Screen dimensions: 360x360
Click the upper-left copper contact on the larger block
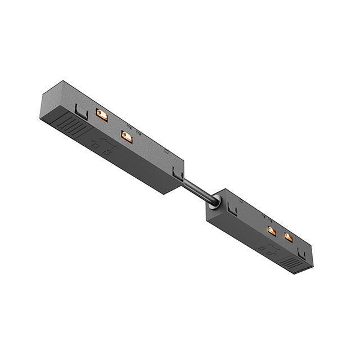point(102,115)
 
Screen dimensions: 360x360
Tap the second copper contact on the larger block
point(127,136)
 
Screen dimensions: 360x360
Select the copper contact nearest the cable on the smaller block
point(272,230)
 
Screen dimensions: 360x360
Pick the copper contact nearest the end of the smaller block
point(289,237)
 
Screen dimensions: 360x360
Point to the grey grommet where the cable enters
point(213,204)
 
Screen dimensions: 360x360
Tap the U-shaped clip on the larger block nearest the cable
point(178,175)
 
